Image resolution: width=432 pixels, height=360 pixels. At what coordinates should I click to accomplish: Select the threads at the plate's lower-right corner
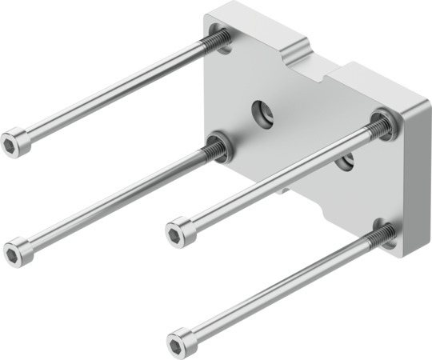[382, 235]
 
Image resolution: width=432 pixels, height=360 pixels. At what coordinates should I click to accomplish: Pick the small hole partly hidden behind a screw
[346, 163]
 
